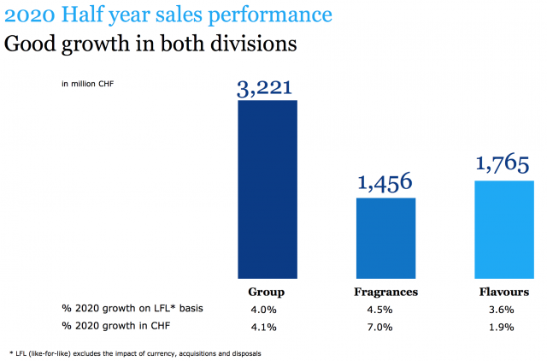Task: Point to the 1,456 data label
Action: tap(385, 182)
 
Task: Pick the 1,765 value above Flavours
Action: tap(503, 165)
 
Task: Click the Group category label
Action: tap(267, 292)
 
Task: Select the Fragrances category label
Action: tap(385, 292)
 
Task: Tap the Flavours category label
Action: tap(503, 292)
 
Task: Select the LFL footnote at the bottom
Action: tap(137, 352)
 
